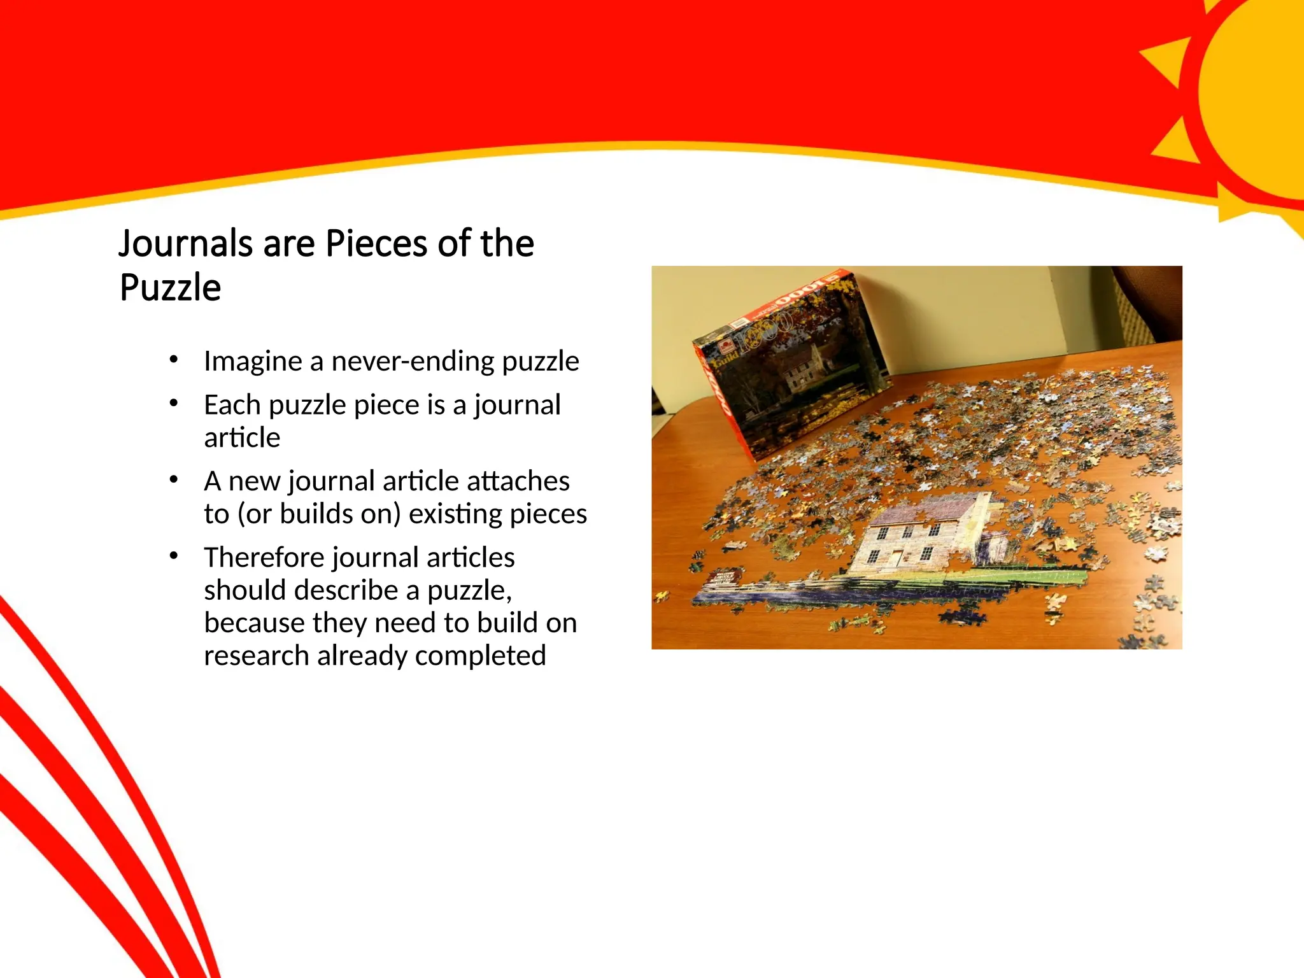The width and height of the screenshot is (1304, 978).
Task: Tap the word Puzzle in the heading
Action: pyautogui.click(x=170, y=288)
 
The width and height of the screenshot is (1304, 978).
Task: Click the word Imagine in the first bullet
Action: pyautogui.click(x=252, y=362)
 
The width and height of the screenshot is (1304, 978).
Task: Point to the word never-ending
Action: pyautogui.click(x=413, y=362)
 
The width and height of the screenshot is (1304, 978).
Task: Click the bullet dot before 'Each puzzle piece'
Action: pyautogui.click(x=173, y=403)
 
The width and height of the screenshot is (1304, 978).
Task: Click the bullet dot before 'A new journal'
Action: pyautogui.click(x=173, y=479)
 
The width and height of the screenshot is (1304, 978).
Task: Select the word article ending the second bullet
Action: pyautogui.click(x=242, y=438)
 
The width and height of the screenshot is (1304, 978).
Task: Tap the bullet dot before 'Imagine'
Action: pyautogui.click(x=173, y=360)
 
